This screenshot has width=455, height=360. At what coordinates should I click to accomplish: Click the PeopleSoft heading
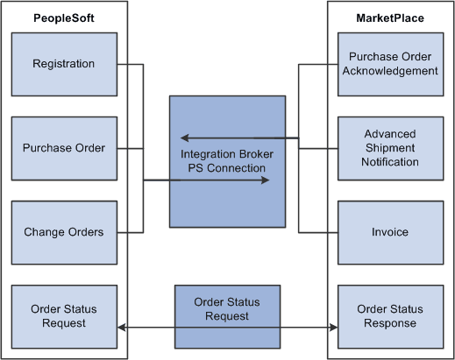pos(63,18)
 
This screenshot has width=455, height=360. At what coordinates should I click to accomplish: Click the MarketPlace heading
pos(390,18)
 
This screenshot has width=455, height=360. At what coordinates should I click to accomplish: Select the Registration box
pos(63,64)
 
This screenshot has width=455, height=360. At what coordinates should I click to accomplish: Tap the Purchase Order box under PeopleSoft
pos(63,148)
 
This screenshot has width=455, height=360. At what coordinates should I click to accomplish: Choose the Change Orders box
pos(63,232)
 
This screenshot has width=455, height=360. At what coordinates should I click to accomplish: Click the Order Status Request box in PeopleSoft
pos(63,315)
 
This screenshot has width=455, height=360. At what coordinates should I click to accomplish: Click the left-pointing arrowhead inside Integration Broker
pos(184,138)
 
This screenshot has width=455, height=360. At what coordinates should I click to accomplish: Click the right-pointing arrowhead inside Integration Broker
pos(263,181)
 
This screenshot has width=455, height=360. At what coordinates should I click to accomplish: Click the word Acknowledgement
pos(391,71)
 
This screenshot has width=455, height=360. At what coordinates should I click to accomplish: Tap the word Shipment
pos(391,148)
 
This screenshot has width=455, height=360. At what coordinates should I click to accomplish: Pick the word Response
pos(391,322)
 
